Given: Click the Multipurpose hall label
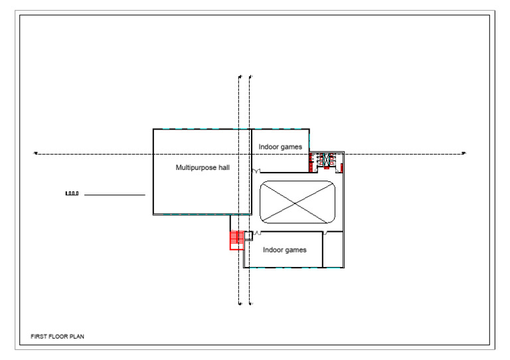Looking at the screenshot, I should pos(203,167).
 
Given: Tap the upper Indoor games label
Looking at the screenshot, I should pos(280,147).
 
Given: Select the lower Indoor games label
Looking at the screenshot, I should pos(284,250).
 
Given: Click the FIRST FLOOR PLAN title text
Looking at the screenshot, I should pos(58,337).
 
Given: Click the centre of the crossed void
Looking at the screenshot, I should pos(297,202).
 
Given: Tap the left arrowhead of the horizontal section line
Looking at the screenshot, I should pos(35,153).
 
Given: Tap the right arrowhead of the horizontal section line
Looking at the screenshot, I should pos(464,153).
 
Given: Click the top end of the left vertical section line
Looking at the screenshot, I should pos(239,76).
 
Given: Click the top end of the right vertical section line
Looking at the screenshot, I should pos(250,76).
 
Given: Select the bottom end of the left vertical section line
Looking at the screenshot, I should pos(239,304).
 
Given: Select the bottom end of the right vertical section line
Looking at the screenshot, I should pos(250,304).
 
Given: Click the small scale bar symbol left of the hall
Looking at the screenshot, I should pos(72,194).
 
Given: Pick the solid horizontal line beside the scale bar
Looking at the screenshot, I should pos(114,195).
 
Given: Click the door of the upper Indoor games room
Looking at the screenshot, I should pos(256,171).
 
